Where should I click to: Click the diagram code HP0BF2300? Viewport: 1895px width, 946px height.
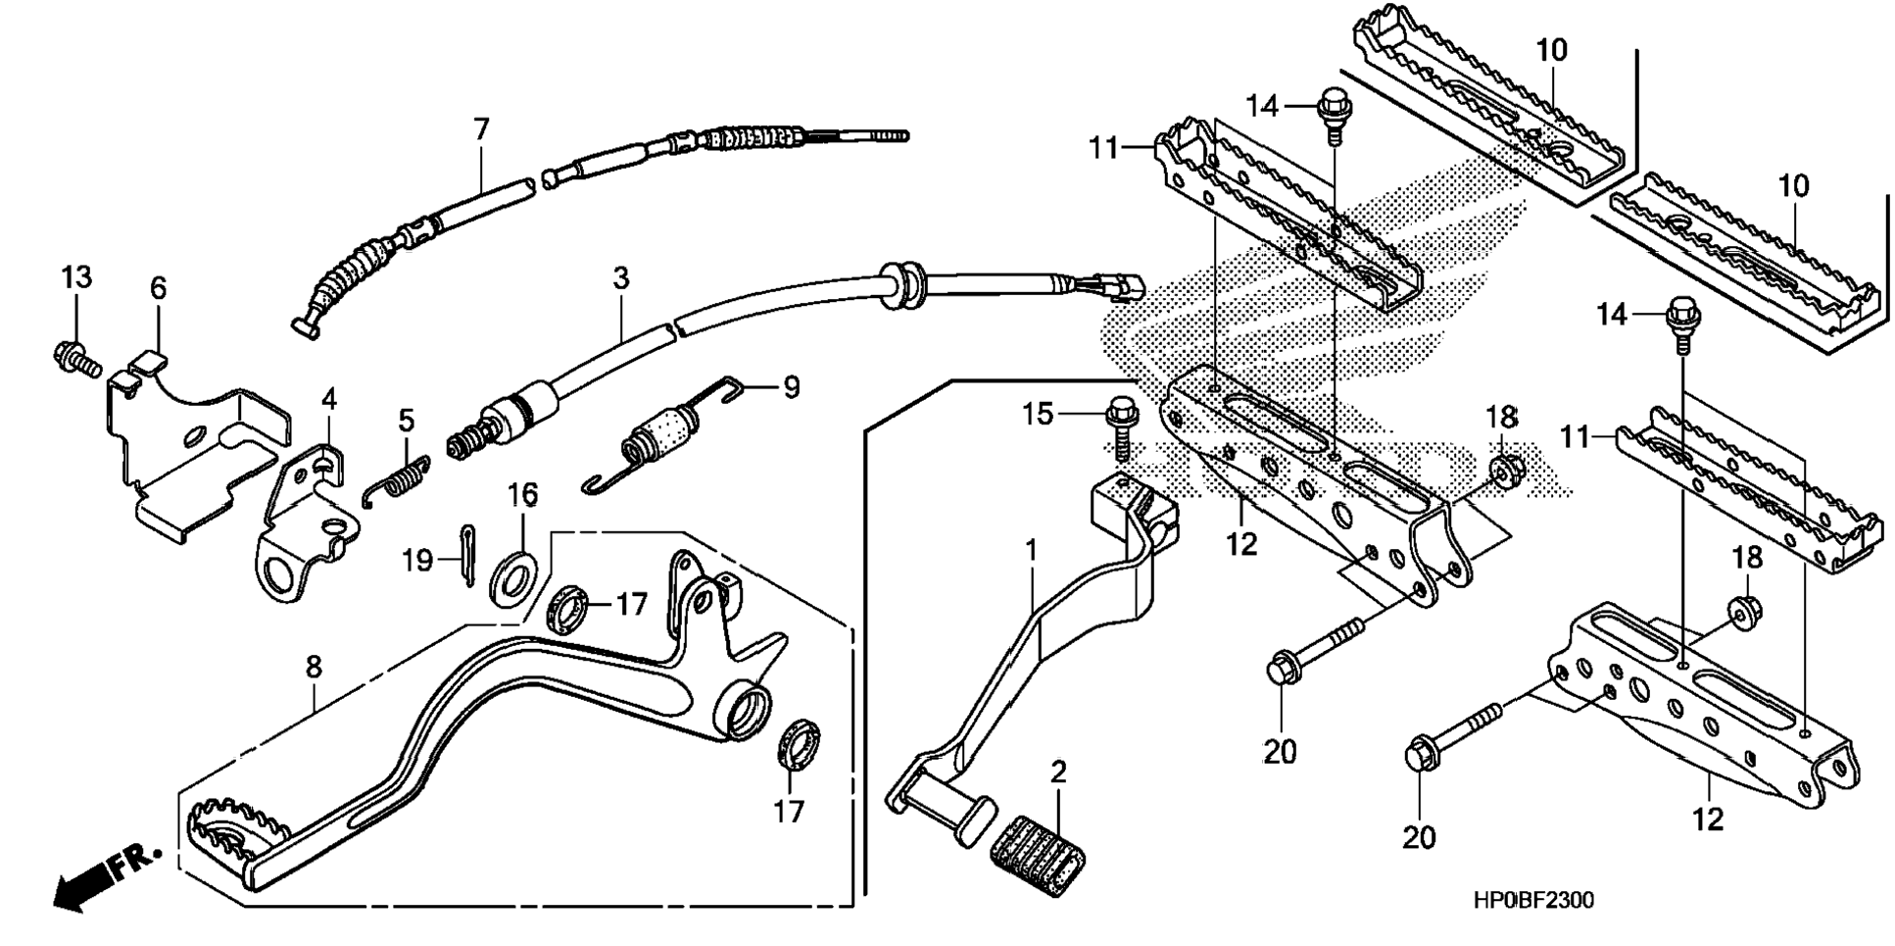pos(1532,900)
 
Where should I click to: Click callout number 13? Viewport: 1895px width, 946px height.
pos(76,277)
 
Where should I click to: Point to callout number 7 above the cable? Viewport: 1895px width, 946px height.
pos(480,129)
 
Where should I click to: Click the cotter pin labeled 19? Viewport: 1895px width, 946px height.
pos(467,555)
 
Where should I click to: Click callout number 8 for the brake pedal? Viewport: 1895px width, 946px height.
pos(313,667)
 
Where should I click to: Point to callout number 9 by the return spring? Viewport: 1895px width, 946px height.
pos(790,387)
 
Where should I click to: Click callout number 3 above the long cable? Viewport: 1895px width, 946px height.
pos(620,278)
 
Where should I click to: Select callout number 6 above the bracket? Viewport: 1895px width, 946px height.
pos(158,288)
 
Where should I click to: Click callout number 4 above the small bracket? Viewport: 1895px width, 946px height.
pos(328,399)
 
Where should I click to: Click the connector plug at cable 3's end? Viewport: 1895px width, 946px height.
pos(1118,284)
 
